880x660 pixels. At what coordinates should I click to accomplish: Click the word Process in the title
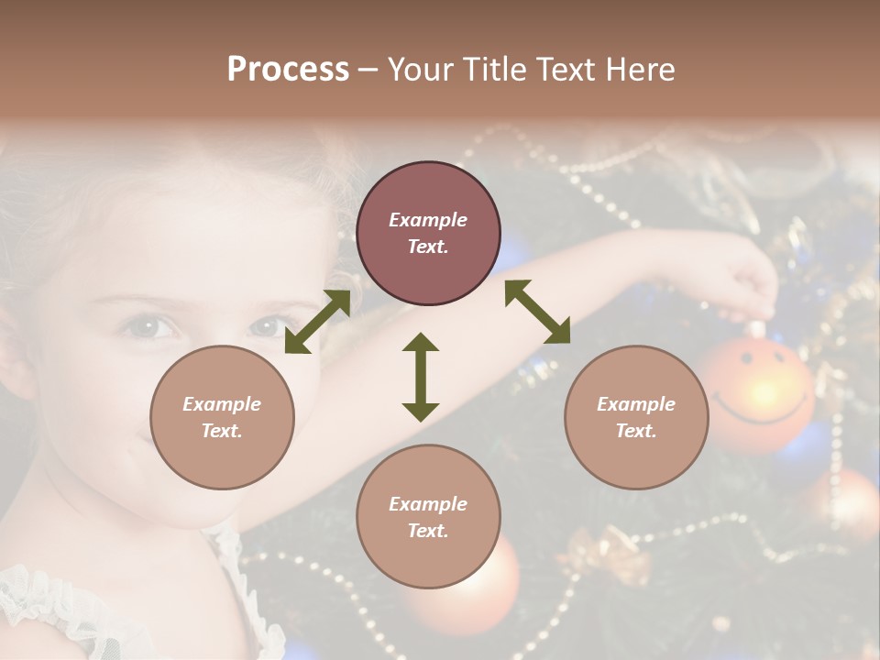288,69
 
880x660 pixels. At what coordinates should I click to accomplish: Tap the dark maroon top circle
428,233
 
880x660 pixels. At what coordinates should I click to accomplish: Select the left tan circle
222,417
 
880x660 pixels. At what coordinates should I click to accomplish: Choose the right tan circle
636,417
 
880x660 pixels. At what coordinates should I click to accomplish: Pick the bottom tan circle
428,516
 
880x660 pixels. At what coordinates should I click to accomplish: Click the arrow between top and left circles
317,322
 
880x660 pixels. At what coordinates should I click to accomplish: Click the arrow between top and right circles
538,312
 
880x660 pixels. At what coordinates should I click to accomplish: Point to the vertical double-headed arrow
421,377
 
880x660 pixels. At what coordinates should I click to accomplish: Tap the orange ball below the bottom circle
458,587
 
